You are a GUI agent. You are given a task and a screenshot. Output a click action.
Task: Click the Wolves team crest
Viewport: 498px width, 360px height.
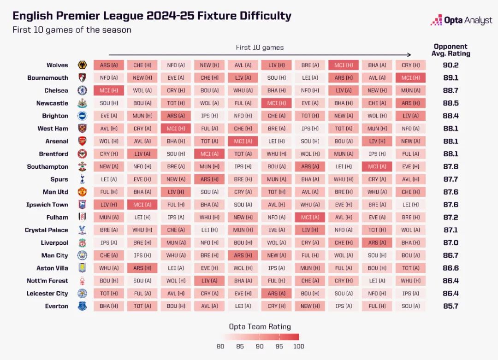(83, 65)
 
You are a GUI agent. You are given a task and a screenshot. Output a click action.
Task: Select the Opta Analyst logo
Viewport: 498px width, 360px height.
(461, 20)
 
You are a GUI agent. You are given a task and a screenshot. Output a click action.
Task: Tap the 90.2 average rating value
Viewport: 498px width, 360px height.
(451, 65)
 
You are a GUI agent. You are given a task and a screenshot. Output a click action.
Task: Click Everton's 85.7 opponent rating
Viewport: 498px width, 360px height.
(451, 306)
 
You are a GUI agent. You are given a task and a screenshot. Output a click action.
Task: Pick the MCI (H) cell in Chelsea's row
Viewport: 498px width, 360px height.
(109, 90)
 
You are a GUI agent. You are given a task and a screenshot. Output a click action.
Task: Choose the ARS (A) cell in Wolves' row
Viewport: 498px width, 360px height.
(109, 65)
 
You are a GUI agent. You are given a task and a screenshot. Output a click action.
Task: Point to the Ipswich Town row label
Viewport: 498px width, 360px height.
(47, 205)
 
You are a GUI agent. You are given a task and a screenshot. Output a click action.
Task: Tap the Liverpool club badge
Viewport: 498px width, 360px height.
(83, 242)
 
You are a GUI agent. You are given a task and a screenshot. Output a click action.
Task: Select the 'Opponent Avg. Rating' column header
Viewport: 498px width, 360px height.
(451, 50)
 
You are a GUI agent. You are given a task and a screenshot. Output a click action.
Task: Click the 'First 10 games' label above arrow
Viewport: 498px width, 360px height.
(260, 47)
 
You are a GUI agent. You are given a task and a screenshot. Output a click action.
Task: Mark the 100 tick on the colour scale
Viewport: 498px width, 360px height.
(298, 347)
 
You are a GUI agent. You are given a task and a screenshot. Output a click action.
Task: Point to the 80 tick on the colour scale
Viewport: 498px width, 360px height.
(220, 347)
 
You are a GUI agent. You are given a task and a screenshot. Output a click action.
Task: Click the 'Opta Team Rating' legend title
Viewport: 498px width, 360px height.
(260, 326)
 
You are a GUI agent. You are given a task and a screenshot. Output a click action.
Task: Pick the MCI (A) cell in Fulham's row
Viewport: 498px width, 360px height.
(310, 217)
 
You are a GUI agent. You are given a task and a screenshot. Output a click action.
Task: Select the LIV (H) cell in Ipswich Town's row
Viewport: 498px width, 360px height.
(109, 205)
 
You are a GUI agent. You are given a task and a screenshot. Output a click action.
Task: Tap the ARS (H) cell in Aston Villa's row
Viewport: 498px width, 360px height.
(142, 268)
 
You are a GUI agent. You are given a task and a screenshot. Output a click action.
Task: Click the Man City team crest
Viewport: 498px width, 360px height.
(83, 255)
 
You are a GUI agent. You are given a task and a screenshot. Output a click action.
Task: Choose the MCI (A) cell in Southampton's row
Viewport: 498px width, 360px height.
(377, 166)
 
